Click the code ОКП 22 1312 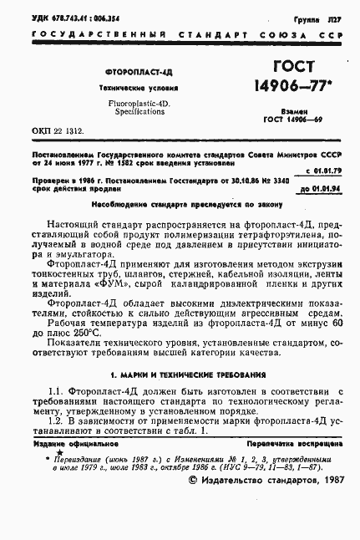(59, 130)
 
